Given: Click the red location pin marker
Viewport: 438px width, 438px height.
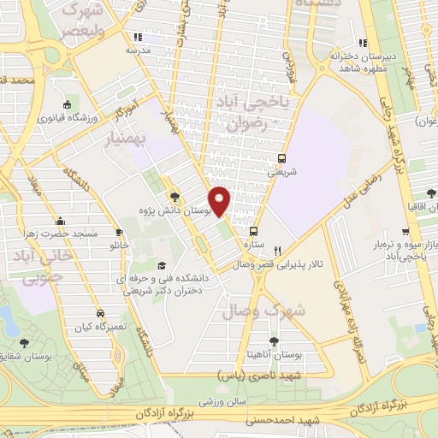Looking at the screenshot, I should point(220,201).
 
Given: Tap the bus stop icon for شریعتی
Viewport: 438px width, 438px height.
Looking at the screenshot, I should point(281,158).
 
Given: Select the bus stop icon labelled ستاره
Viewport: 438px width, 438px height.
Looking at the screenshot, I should point(253,231).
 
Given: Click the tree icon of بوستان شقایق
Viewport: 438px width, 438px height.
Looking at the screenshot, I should point(23,343).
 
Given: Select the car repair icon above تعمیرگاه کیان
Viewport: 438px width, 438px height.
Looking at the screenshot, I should point(101,314).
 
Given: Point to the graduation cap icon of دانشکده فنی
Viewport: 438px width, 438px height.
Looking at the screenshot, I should point(163,266).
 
